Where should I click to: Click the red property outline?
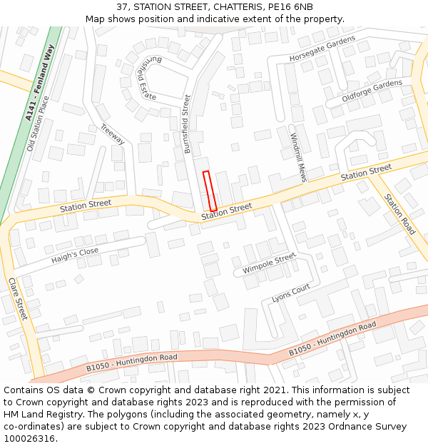pyautogui.click(x=209, y=191)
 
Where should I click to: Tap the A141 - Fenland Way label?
pyautogui.click(x=40, y=82)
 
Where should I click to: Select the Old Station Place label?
pyautogui.click(x=40, y=124)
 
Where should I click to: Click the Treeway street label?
pyautogui.click(x=113, y=134)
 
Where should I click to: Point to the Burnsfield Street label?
pyautogui.click(x=187, y=125)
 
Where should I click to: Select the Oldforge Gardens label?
pyautogui.click(x=372, y=90)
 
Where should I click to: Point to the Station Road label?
pyautogui.click(x=399, y=214)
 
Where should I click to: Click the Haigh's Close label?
pyautogui.click(x=75, y=256)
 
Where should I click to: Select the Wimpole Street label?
pyautogui.click(x=269, y=263)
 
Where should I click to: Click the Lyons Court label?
pyautogui.click(x=291, y=293)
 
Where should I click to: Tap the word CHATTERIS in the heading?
pyautogui.click(x=228, y=7)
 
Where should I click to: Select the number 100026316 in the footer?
pyautogui.click(x=31, y=438)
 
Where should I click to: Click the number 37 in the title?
pyautogui.click(x=122, y=7)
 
